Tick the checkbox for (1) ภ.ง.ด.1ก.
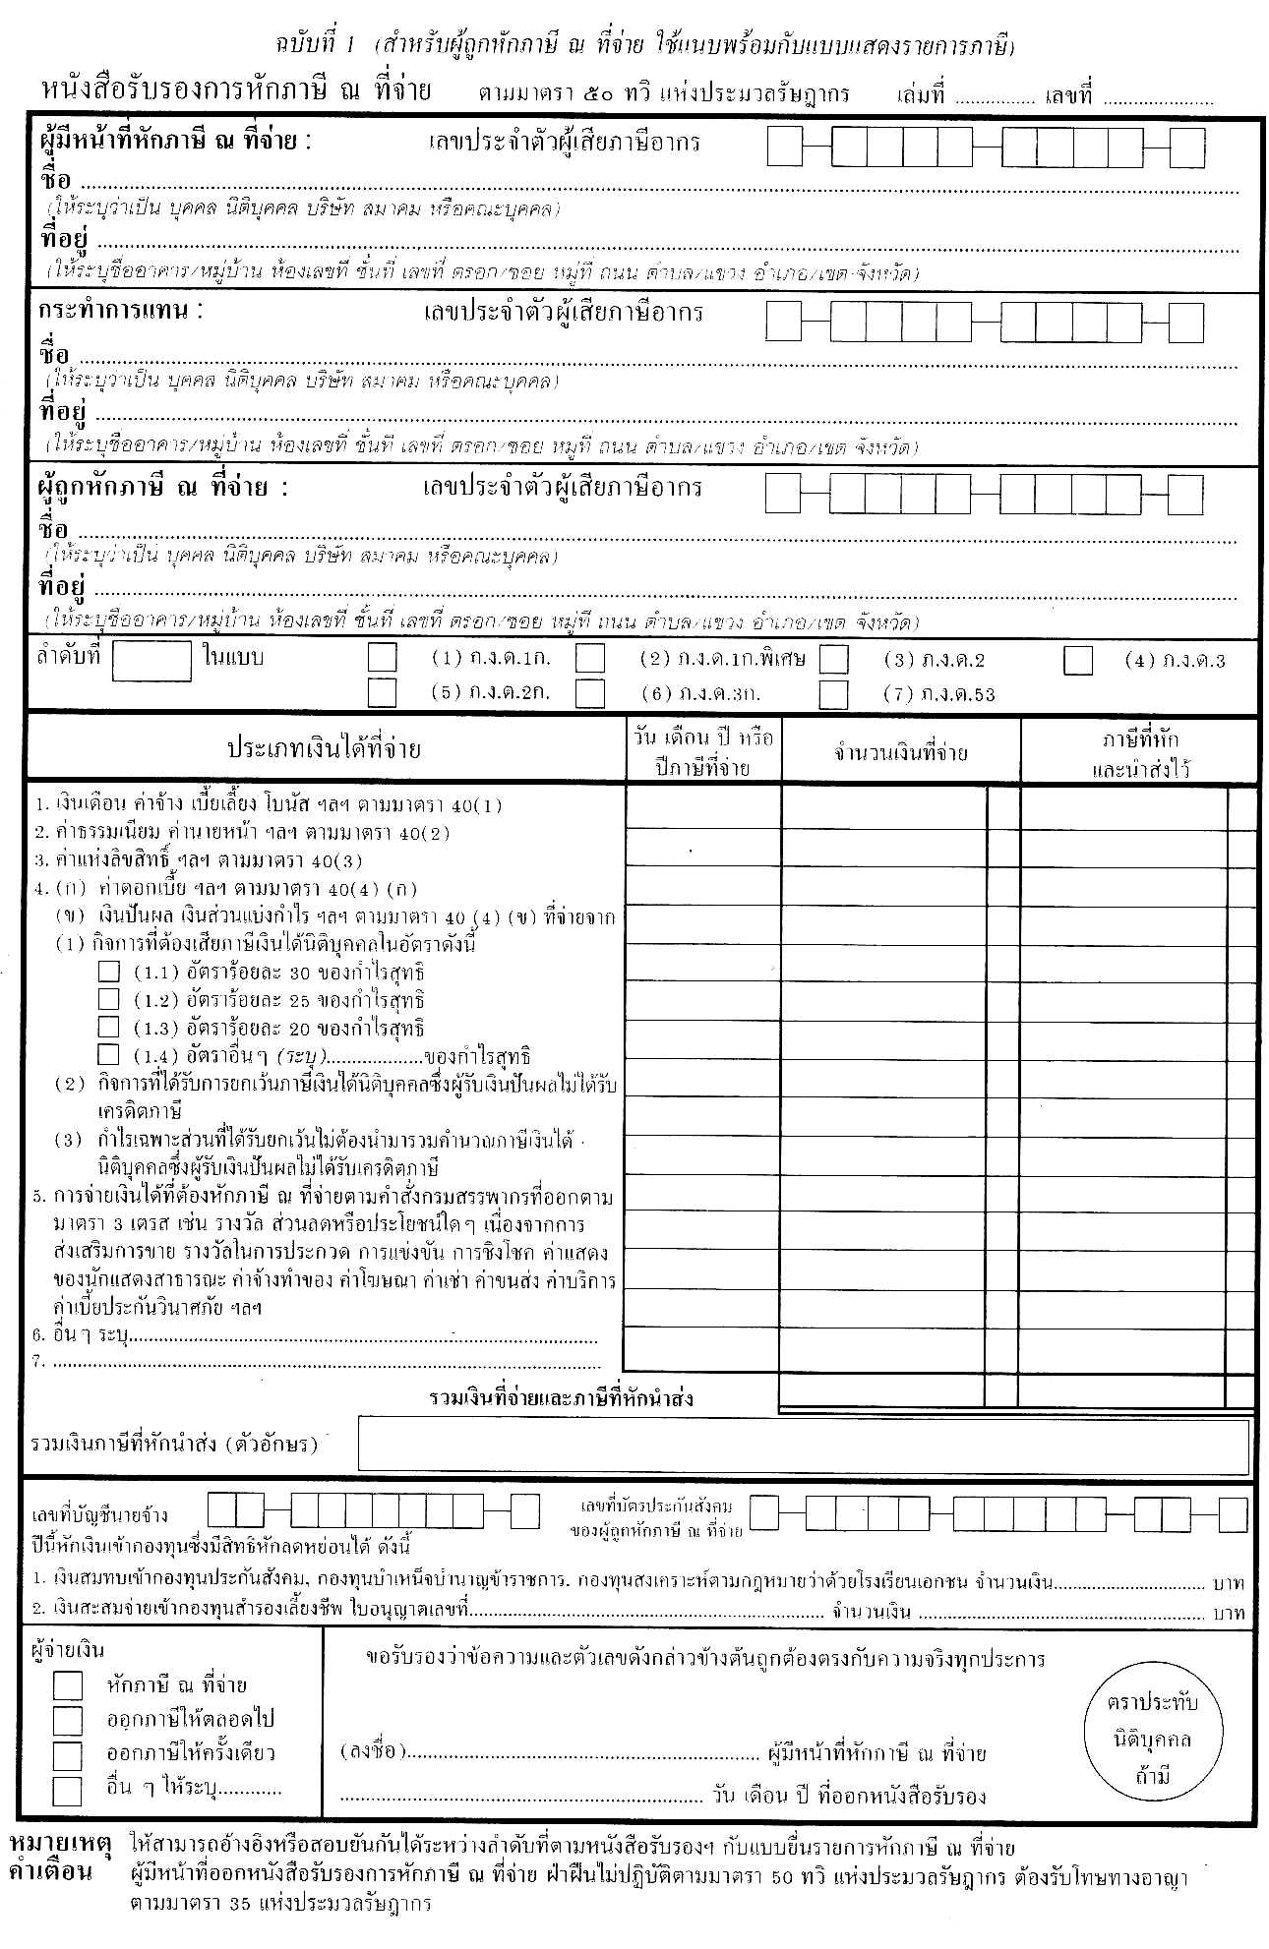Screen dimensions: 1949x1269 click(x=382, y=657)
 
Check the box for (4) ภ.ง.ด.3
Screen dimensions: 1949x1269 click(x=1078, y=661)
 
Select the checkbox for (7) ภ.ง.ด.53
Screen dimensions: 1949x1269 click(x=833, y=694)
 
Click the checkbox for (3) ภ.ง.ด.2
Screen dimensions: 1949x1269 click(x=833, y=659)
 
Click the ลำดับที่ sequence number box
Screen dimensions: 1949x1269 click(x=151, y=661)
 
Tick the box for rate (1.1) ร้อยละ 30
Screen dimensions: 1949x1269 click(x=108, y=972)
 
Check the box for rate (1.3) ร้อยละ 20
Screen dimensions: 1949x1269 click(x=108, y=1027)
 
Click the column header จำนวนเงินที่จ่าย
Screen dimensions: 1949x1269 click(x=900, y=753)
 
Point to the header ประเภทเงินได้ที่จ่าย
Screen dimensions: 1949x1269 click(x=325, y=749)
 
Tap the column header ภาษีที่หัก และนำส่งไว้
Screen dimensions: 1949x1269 click(x=1139, y=753)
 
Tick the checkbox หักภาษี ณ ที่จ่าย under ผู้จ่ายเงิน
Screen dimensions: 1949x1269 click(x=68, y=1685)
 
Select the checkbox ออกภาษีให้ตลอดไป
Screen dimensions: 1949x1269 click(x=68, y=1720)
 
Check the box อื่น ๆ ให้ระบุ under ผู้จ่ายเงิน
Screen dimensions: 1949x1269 click(x=68, y=1791)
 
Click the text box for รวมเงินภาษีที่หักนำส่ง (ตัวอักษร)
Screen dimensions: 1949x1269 click(x=803, y=1445)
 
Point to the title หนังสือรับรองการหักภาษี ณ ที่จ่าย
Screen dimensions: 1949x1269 click(x=236, y=91)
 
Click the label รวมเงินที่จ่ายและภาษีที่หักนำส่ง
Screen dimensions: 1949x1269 click(x=561, y=1398)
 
